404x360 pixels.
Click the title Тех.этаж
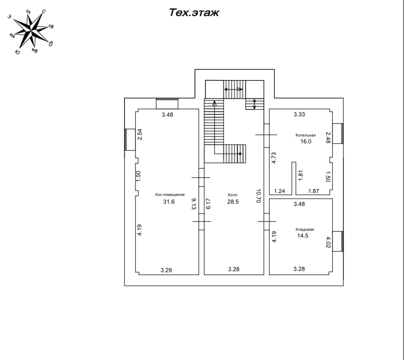(x=194, y=13)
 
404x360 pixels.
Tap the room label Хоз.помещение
(x=170, y=195)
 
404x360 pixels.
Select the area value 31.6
(x=169, y=202)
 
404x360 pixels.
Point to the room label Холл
(x=232, y=195)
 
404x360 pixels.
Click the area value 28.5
(x=233, y=202)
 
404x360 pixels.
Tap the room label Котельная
(x=305, y=135)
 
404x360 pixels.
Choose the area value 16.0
(x=306, y=142)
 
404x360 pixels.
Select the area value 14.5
(x=303, y=236)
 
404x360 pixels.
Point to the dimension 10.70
(x=258, y=196)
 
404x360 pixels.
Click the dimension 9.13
(x=194, y=204)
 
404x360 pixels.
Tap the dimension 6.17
(x=209, y=204)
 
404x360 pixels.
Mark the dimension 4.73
(x=274, y=158)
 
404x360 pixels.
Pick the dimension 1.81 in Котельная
(x=301, y=175)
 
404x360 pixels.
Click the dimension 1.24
(x=279, y=191)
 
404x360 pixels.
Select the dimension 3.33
(x=299, y=114)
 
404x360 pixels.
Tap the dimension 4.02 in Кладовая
(x=328, y=242)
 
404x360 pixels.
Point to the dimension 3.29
(x=166, y=270)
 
